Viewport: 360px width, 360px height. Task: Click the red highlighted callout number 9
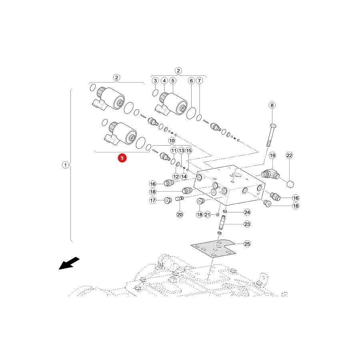122,158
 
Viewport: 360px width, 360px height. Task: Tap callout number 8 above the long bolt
272,105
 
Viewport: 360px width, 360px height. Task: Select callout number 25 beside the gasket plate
247,244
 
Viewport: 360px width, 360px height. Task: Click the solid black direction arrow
69,263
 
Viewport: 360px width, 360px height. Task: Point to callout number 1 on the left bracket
66,165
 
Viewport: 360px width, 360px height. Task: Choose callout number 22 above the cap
289,156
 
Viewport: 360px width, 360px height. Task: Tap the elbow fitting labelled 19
270,174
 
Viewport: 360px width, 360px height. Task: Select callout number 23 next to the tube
247,224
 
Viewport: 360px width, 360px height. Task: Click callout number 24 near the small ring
247,212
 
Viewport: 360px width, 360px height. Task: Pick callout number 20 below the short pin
180,214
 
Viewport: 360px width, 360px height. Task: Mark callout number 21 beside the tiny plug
208,214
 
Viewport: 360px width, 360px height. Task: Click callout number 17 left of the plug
153,200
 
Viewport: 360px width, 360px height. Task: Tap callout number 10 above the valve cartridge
172,140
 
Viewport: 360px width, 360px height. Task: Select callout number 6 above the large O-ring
191,80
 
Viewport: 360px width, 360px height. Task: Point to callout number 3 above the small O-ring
156,80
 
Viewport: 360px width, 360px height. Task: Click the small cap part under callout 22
290,184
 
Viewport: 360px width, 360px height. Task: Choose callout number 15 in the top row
189,150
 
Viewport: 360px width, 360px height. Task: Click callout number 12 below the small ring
176,176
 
